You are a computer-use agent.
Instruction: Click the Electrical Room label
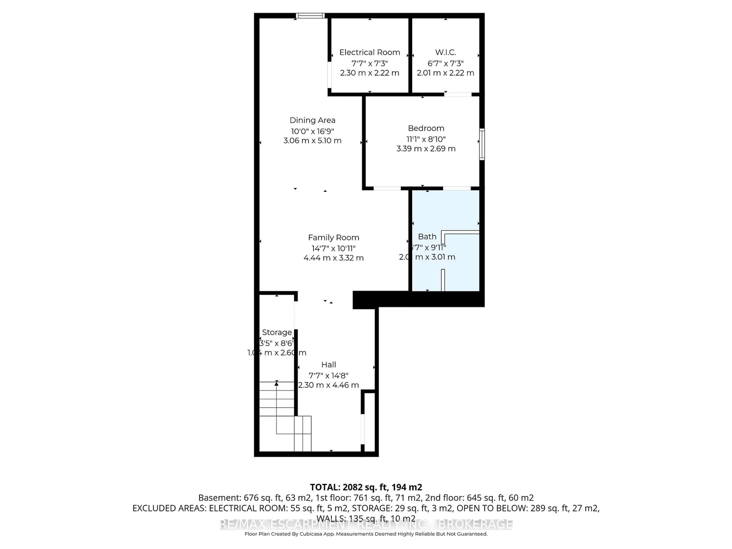pos(370,52)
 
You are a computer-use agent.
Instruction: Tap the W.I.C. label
pos(445,52)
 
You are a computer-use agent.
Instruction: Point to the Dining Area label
pos(312,120)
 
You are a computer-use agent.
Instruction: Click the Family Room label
pos(334,237)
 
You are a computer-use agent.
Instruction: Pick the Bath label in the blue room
pos(427,237)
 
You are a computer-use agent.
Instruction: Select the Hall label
pos(329,365)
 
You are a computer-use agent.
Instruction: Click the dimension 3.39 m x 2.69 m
pos(426,148)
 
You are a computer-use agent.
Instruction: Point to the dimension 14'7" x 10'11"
pos(334,248)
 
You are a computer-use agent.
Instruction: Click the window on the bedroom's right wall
pos(482,144)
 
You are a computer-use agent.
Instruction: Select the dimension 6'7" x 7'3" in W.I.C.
pos(445,63)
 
